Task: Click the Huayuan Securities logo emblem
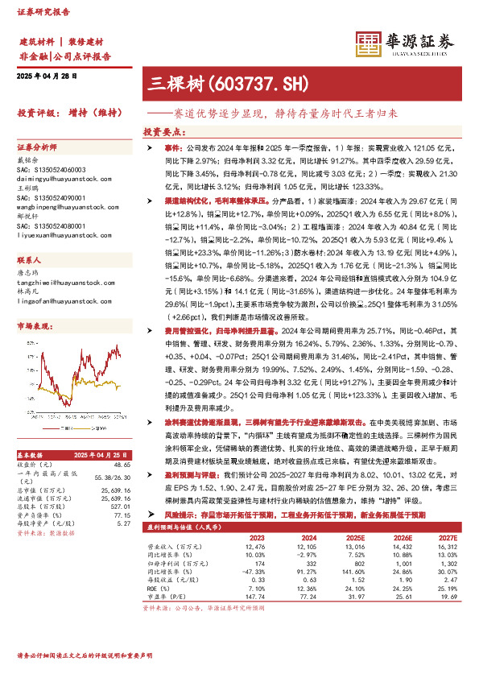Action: [369, 41]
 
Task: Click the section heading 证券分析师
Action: [37, 148]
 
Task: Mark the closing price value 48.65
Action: [122, 465]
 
